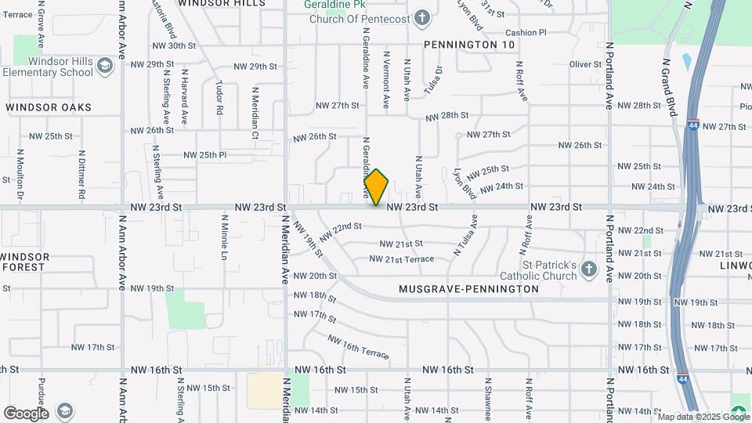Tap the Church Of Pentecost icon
pyautogui.click(x=422, y=17)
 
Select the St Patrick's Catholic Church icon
pyautogui.click(x=590, y=270)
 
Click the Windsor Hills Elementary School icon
pyautogui.click(x=105, y=67)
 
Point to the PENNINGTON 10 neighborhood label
pyautogui.click(x=469, y=45)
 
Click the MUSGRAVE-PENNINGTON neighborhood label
pyautogui.click(x=468, y=289)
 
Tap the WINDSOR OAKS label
pyautogui.click(x=49, y=107)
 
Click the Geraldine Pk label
pyautogui.click(x=330, y=5)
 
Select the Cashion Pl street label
pyautogui.click(x=526, y=33)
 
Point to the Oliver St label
pyautogui.click(x=584, y=64)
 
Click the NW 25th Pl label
pyautogui.click(x=201, y=155)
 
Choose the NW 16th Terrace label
pyautogui.click(x=358, y=347)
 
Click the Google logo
pyautogui.click(x=25, y=413)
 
